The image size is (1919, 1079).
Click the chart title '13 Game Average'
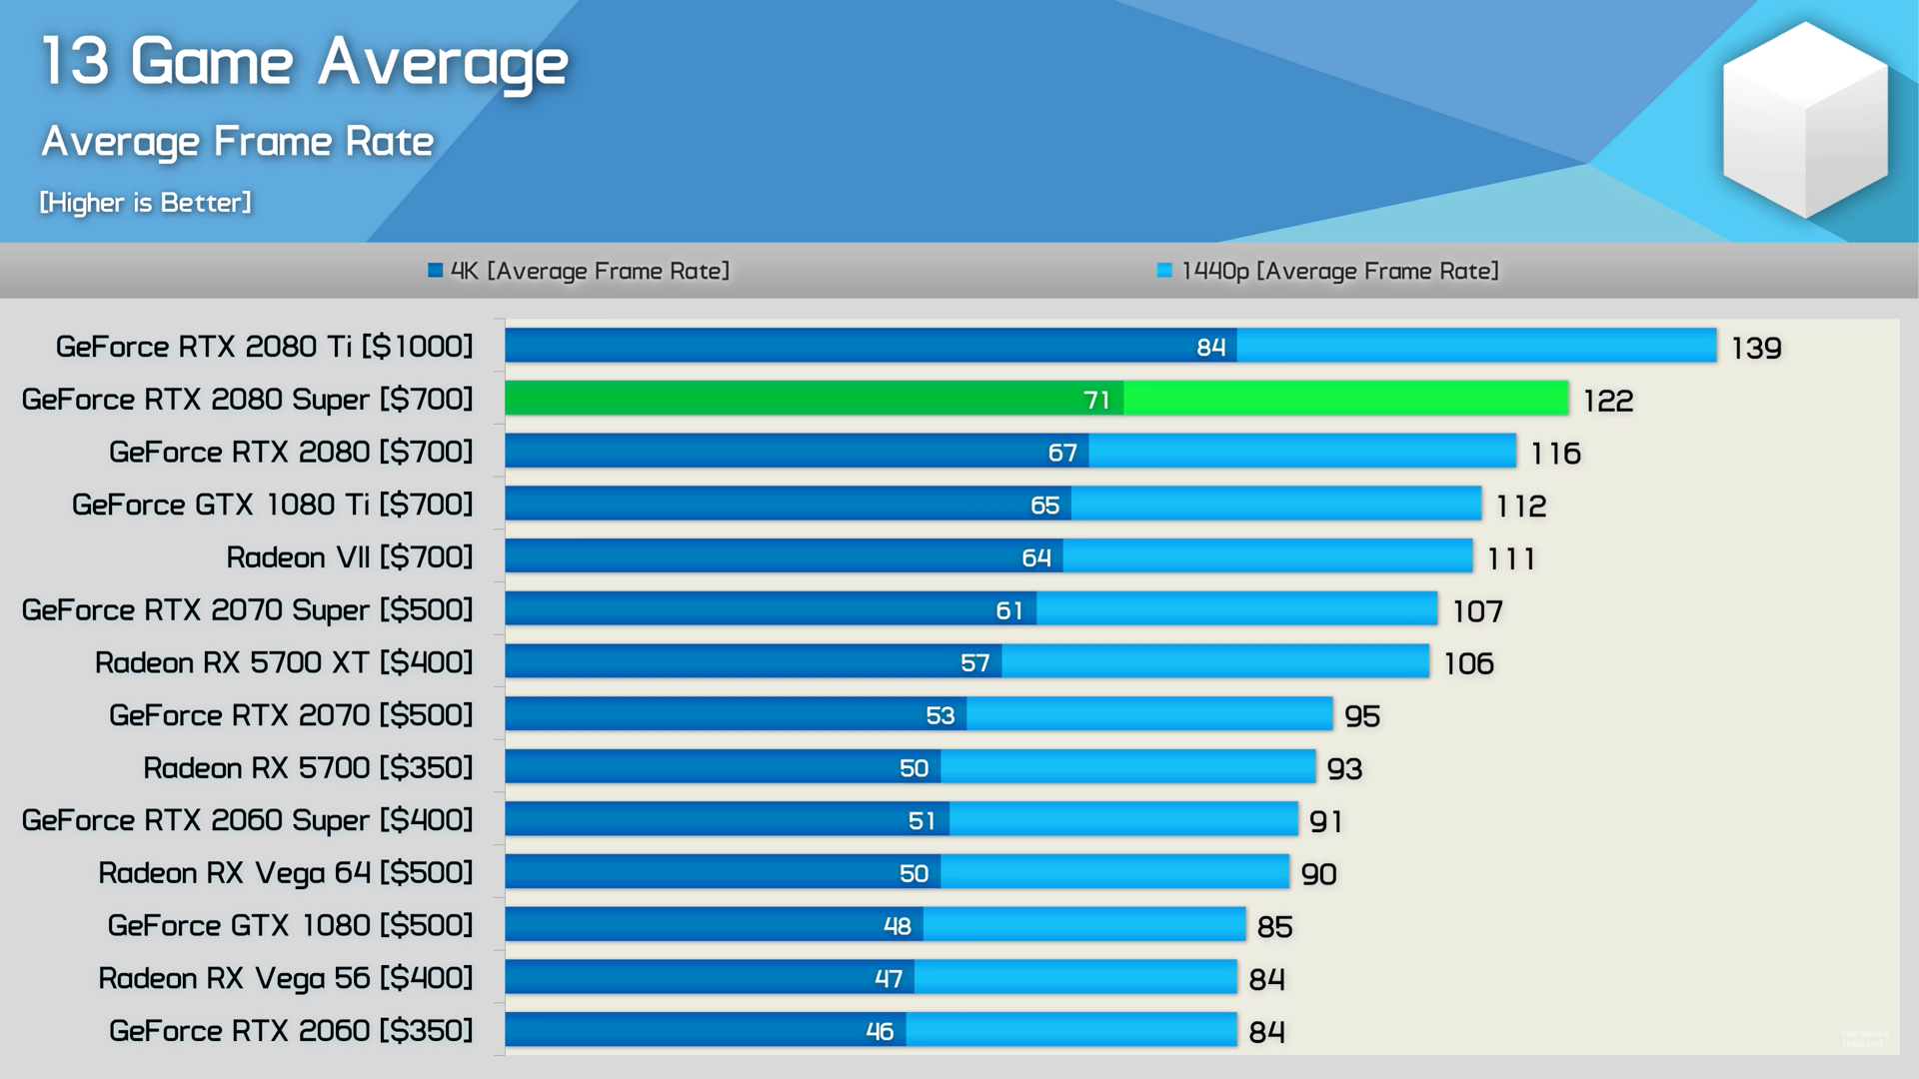coord(305,62)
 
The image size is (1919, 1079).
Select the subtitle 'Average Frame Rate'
coord(238,141)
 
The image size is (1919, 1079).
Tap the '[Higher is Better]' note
coord(146,203)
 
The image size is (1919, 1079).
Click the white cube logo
coord(1805,120)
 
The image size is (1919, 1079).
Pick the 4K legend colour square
coord(435,270)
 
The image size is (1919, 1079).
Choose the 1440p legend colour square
coord(1163,270)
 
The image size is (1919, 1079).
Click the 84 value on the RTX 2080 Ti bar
coord(1210,347)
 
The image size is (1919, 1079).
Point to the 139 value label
coord(1756,348)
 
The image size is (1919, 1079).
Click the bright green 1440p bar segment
coord(1345,399)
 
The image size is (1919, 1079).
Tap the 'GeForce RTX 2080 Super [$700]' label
coord(247,400)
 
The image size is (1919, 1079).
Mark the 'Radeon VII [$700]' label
coord(350,557)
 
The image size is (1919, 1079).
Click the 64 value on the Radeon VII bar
coord(1035,557)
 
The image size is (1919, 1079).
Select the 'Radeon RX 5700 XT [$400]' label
coord(284,662)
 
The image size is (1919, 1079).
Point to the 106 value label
coord(1468,663)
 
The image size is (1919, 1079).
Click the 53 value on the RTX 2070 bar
coord(940,715)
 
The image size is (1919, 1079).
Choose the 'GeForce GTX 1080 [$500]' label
coord(290,925)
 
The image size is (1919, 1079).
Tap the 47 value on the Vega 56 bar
coord(889,979)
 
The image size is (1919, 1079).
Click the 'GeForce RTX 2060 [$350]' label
coord(291,1031)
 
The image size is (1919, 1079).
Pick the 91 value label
coord(1326,821)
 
